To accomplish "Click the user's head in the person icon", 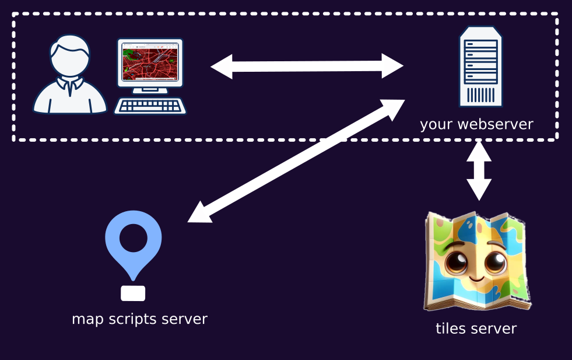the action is click(x=69, y=55).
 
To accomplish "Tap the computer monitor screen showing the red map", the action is click(x=150, y=62).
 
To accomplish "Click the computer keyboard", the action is click(x=150, y=106).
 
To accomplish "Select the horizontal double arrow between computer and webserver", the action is click(x=307, y=66).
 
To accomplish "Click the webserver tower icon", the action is click(x=481, y=67).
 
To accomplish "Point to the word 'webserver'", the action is click(x=496, y=124).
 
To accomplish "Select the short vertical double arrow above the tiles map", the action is click(x=479, y=170).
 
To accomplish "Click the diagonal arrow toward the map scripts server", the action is click(x=296, y=161).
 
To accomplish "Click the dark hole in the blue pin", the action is click(x=133, y=238).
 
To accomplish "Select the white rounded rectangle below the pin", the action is click(x=133, y=293).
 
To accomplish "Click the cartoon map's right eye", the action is click(x=496, y=262).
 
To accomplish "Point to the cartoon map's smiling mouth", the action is click(x=476, y=279).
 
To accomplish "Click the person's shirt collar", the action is click(x=69, y=84).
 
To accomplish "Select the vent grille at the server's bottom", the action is click(x=481, y=95).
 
